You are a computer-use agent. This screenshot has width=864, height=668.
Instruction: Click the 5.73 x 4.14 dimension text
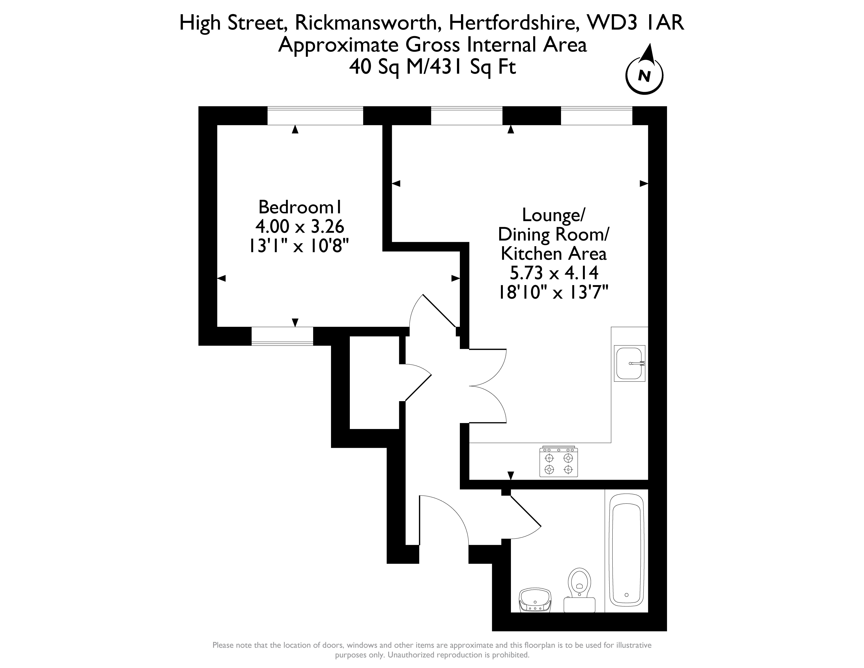[x=554, y=273]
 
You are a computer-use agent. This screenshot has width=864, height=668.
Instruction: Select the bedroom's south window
[x=282, y=336]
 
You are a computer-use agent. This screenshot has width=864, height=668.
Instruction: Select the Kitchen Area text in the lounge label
[x=554, y=254]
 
